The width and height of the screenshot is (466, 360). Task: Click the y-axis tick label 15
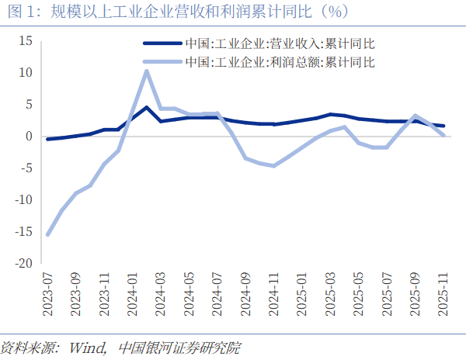pos(25,40)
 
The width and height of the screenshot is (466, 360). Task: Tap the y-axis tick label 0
pos(28,137)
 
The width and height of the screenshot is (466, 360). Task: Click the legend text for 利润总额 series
pos(280,61)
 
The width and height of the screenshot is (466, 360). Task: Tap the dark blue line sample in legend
pos(160,45)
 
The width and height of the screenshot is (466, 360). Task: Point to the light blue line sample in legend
pos(160,61)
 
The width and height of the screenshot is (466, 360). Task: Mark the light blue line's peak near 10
pos(146,71)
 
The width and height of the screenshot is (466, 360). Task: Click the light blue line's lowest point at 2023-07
pos(48,234)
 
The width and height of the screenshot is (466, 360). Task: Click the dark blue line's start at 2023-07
pos(48,139)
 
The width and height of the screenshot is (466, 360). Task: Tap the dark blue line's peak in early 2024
pos(146,107)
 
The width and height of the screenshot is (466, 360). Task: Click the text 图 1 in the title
pos(18,12)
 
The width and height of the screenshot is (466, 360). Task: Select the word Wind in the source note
pos(87,347)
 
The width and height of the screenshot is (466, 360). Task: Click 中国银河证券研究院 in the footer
pos(179,347)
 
